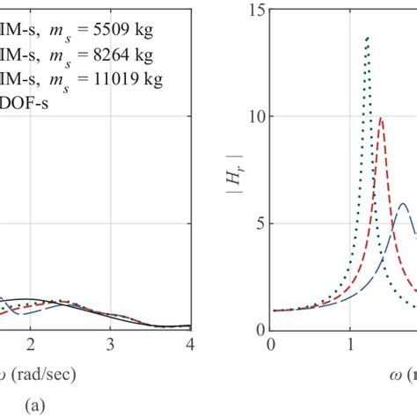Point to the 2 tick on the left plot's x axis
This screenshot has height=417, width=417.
click(x=31, y=342)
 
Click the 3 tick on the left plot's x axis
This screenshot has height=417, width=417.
click(x=110, y=342)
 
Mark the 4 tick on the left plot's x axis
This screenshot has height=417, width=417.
click(x=190, y=342)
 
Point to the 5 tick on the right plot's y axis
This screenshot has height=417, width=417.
click(x=260, y=223)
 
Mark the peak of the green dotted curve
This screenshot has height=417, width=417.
click(x=367, y=37)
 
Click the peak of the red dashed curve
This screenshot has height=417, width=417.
click(x=381, y=117)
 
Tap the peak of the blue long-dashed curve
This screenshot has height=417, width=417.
click(x=404, y=204)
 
